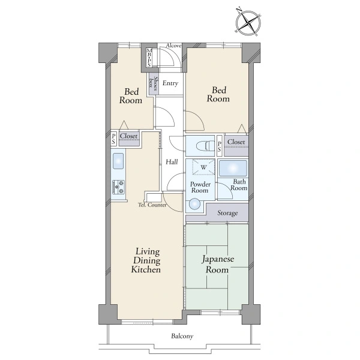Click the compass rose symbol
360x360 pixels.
248,22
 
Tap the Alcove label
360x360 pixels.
173,46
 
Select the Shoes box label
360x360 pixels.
153,83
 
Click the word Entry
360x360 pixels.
170,83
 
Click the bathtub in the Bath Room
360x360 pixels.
233,168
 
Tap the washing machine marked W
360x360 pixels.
203,167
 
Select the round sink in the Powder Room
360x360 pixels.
194,204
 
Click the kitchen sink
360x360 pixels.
118,161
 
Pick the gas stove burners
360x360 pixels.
118,187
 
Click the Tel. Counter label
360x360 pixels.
152,205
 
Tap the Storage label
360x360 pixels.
227,213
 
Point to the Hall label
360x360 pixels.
172,162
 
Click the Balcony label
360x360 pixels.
182,337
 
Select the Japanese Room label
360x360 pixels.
218,264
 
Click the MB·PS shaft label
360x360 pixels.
149,58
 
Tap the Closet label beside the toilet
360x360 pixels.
236,142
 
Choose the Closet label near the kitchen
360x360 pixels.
128,136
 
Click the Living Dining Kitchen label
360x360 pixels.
146,260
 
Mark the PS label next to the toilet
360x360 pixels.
219,146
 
